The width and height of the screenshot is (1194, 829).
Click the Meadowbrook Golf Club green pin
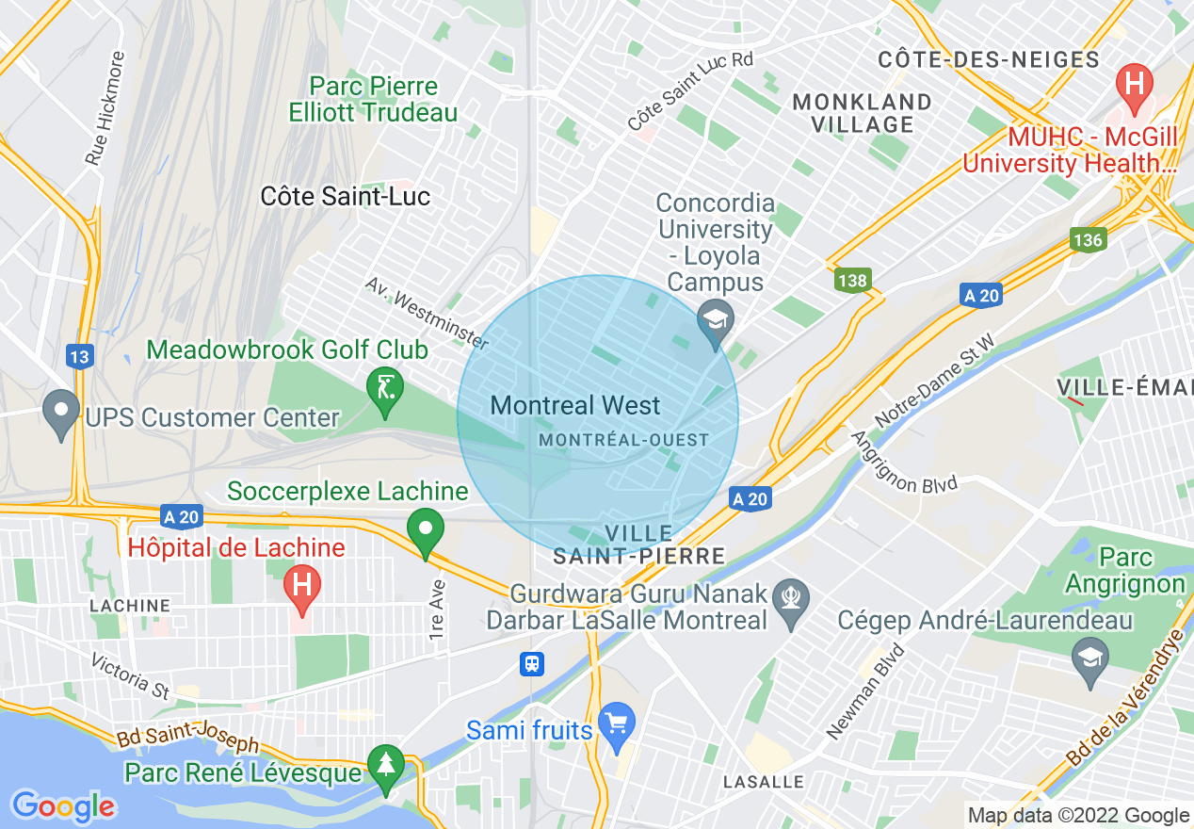(385, 390)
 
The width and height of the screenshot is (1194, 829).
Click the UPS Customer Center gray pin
(62, 413)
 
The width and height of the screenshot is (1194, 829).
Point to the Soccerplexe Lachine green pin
(426, 530)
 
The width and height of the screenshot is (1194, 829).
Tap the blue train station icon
(532, 664)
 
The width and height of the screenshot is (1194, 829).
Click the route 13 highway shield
(80, 356)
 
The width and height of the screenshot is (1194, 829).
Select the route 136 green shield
(1087, 239)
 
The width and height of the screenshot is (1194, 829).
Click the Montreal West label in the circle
(575, 406)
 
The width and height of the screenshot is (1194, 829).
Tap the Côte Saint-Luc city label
(345, 196)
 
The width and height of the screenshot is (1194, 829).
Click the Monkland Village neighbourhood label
(863, 112)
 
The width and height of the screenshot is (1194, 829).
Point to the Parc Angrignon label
(1125, 571)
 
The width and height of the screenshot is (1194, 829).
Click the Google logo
(63, 806)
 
